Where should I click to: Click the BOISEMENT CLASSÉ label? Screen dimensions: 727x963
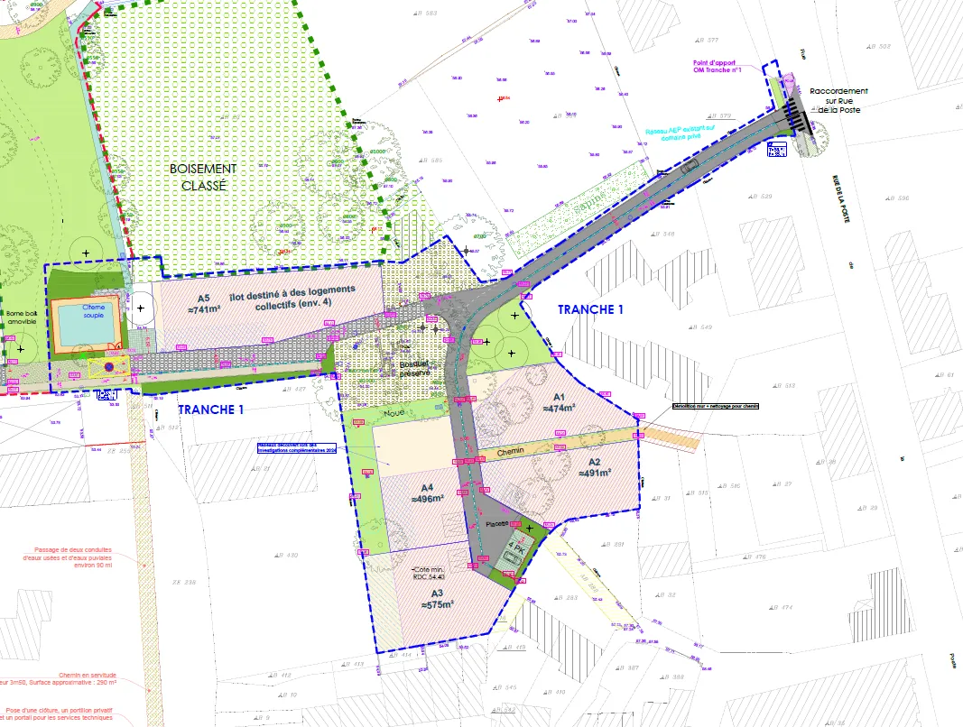[x=202, y=176]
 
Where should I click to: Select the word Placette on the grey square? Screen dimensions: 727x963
[x=498, y=523]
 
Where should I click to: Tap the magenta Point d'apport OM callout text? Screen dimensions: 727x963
[x=717, y=66]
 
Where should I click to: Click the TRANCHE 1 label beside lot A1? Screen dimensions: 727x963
[x=590, y=309]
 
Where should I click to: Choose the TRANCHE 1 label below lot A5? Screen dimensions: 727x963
[x=210, y=409]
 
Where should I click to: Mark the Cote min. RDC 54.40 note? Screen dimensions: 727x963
[x=429, y=575]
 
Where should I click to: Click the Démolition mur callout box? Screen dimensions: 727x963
[x=716, y=406]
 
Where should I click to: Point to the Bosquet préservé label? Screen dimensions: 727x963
[x=415, y=368]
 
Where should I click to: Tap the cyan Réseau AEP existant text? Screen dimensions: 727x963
[x=680, y=133]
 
